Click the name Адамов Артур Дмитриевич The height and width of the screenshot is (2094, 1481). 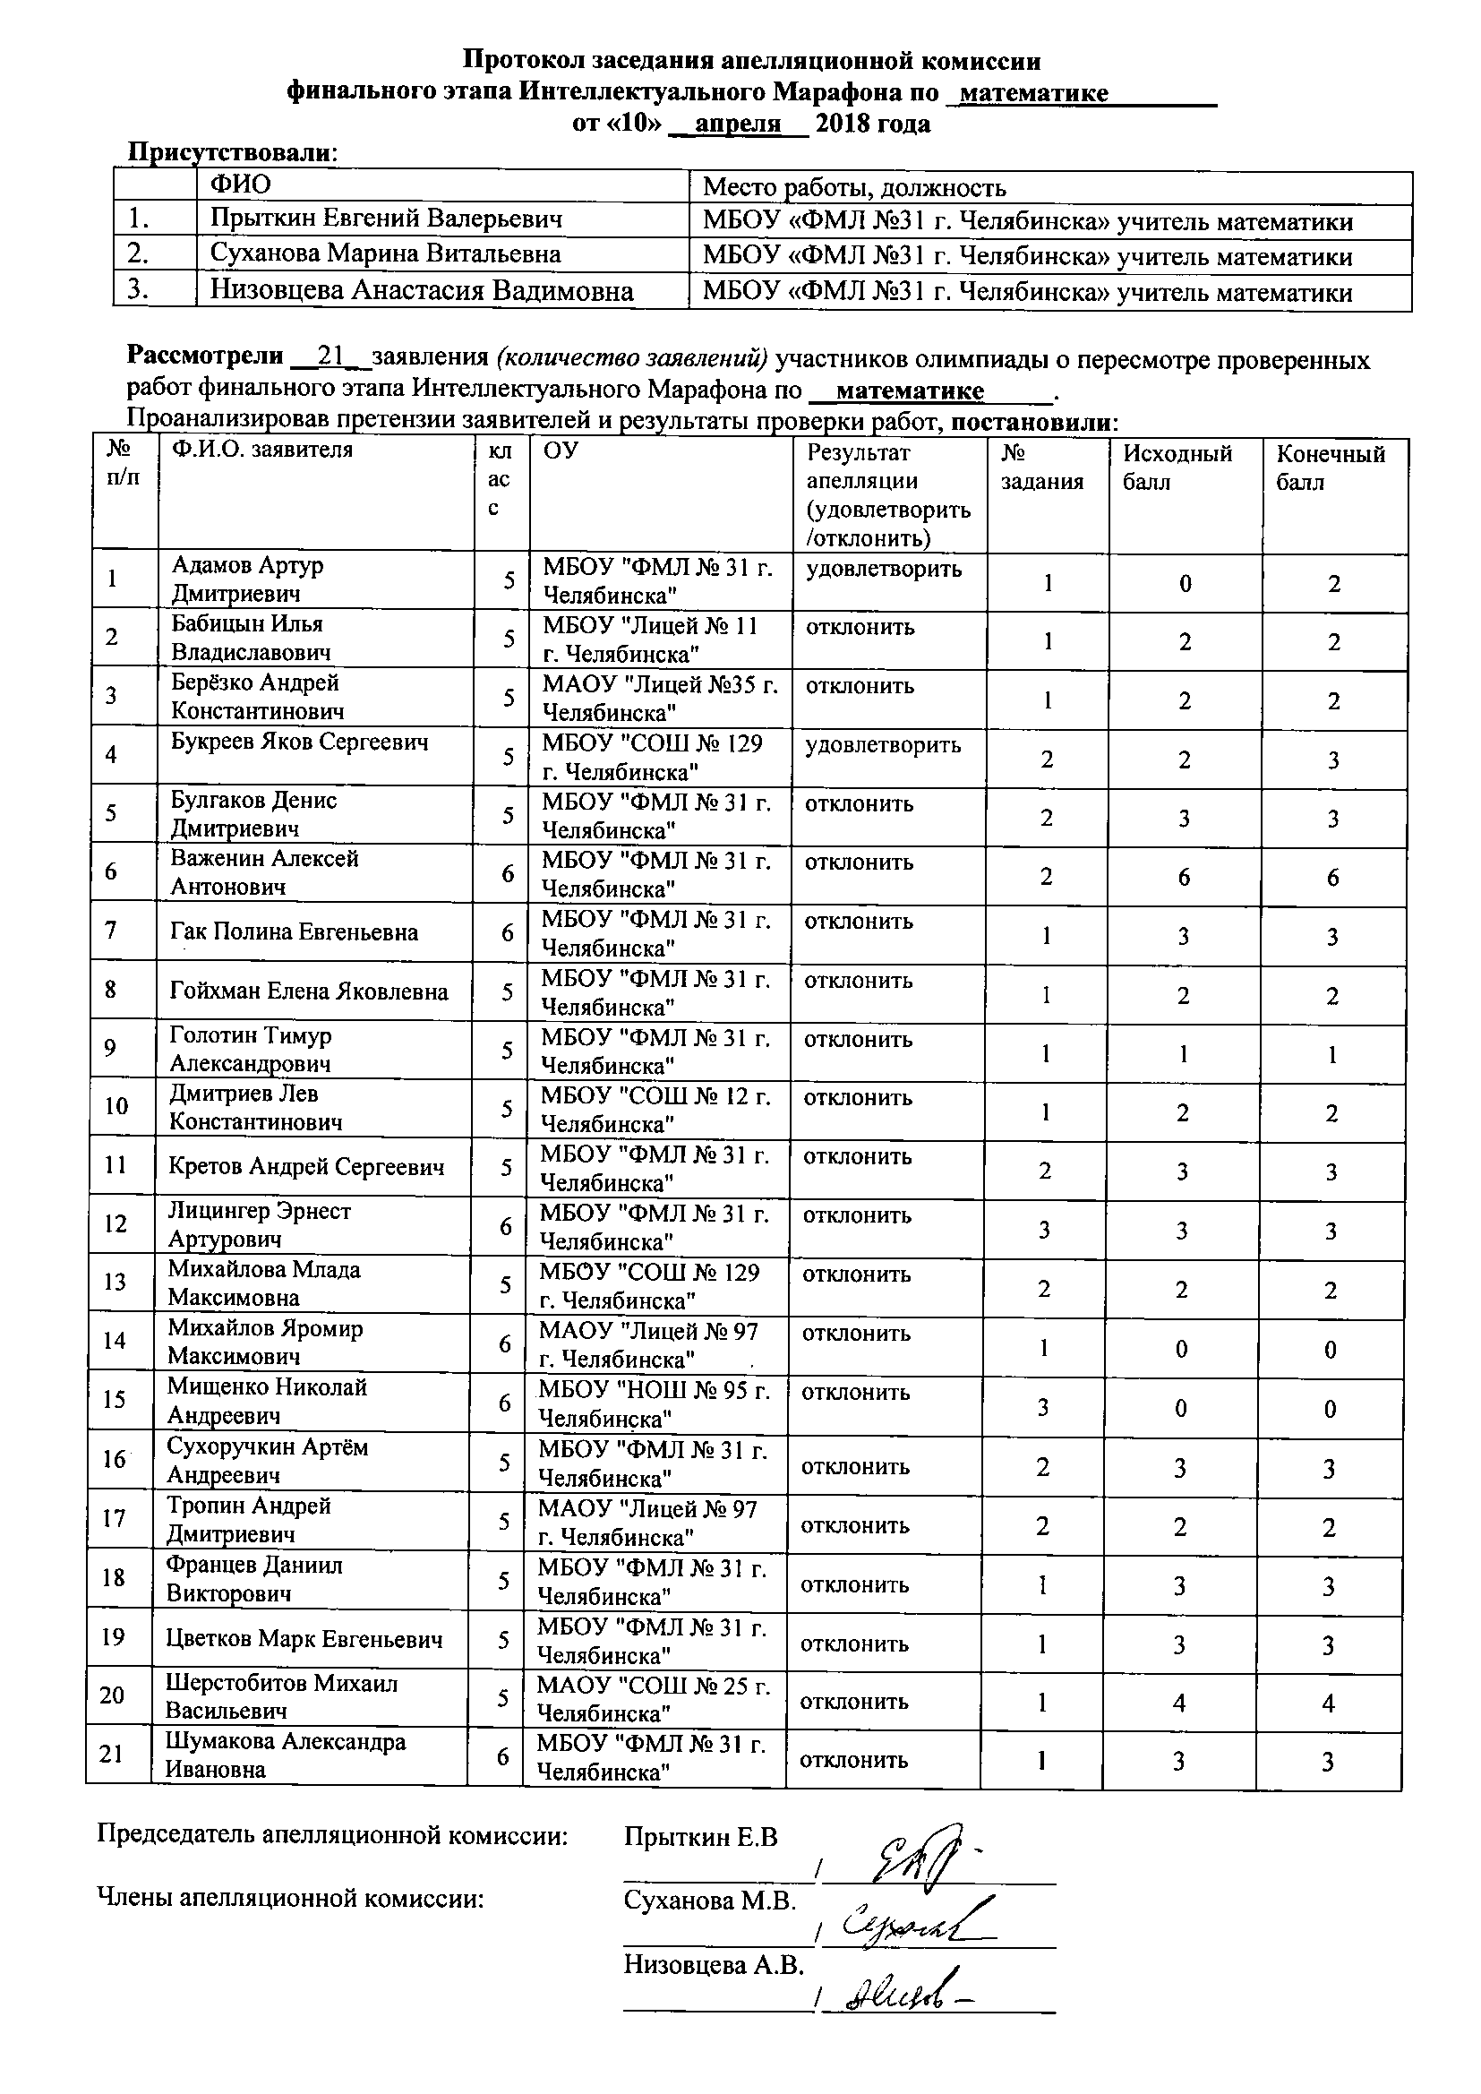point(247,579)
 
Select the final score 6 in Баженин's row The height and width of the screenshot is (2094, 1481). point(1332,878)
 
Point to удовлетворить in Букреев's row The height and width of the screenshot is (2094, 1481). point(883,745)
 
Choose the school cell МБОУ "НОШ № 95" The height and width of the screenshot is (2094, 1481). point(654,1404)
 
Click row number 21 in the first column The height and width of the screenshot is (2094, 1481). point(112,1753)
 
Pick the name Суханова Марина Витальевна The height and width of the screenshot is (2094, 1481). point(385,253)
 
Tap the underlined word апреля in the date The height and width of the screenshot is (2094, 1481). point(738,124)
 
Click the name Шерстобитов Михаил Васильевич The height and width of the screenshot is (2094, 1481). point(282,1696)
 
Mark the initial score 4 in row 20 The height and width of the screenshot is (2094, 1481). point(1178,1703)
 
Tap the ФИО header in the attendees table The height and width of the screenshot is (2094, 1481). point(241,185)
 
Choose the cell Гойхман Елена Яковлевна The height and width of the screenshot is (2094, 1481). point(309,991)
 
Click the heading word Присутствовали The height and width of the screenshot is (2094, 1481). point(231,152)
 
